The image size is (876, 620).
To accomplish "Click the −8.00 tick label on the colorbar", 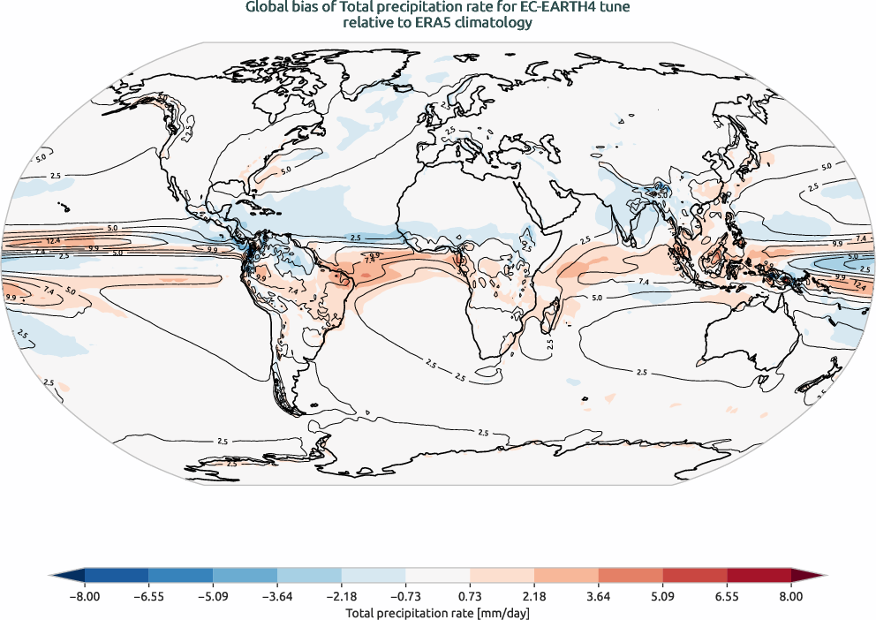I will (x=84, y=597).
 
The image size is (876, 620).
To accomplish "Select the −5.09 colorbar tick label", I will (x=213, y=597).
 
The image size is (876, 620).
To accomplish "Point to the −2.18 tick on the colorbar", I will (x=342, y=597).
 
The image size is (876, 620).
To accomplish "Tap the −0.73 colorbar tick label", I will (x=406, y=597).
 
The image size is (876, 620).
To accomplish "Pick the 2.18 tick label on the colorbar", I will (x=534, y=597).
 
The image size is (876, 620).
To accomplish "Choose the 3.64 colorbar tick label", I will (x=599, y=597).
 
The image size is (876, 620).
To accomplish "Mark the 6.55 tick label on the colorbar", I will (x=727, y=597).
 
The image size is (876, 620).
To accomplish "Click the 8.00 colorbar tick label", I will (x=791, y=597).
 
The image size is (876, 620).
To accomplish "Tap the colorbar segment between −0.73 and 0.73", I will (x=438, y=577).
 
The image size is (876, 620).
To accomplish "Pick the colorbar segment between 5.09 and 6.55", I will (x=695, y=577).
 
